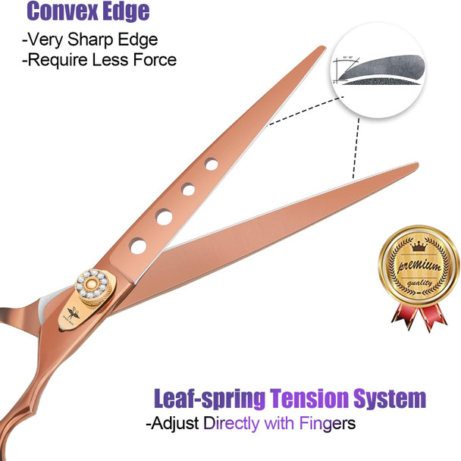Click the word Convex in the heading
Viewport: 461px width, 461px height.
[x=64, y=12]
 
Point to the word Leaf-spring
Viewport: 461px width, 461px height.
[x=209, y=398]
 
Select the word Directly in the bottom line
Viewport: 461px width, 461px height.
[x=233, y=422]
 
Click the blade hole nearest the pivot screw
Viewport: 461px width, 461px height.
[x=138, y=245]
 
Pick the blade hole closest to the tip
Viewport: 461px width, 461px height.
[x=212, y=164]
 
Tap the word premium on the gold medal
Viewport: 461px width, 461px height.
[x=416, y=265]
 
